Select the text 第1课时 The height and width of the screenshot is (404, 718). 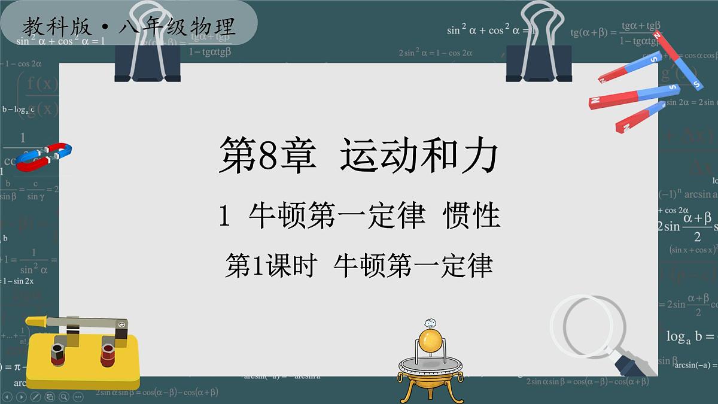click(270, 265)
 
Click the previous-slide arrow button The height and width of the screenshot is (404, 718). click(7, 396)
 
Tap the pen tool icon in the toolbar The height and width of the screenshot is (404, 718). click(35, 396)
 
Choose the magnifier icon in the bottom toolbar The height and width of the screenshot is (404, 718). click(63, 396)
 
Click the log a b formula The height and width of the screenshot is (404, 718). click(691, 336)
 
